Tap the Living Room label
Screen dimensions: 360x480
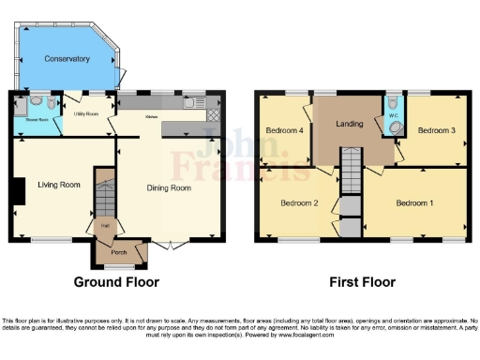click(57, 185)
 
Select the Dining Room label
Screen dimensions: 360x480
click(169, 188)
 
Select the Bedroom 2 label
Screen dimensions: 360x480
click(299, 203)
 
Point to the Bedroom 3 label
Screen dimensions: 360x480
click(436, 130)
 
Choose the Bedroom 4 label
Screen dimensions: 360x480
click(283, 130)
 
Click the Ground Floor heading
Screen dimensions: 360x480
click(116, 281)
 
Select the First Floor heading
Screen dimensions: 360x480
click(363, 281)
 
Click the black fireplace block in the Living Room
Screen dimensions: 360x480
click(15, 191)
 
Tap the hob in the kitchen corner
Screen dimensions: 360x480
click(213, 115)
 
